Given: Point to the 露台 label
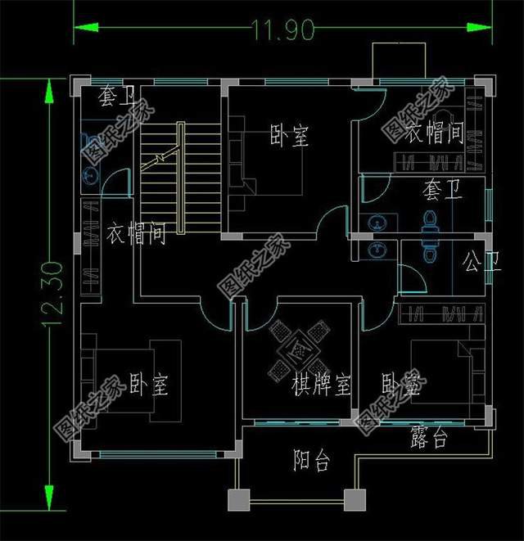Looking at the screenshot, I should [x=428, y=440].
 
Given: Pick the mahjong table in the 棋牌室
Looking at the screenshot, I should [x=299, y=348].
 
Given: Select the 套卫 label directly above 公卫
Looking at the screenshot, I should [x=442, y=192].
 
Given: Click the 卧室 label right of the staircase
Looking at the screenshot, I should [x=290, y=136].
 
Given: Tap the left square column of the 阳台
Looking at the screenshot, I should [x=238, y=498].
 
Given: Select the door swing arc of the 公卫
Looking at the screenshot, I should [x=414, y=278].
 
